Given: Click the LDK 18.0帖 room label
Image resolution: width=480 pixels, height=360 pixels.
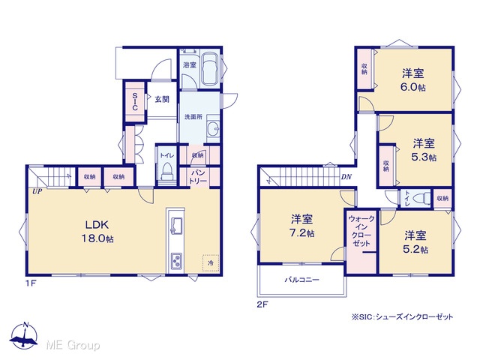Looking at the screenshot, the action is pyautogui.click(x=97, y=232).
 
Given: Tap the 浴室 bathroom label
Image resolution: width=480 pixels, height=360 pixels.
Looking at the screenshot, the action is pyautogui.click(x=190, y=65).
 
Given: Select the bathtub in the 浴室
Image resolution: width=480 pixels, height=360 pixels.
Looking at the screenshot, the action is pyautogui.click(x=210, y=68).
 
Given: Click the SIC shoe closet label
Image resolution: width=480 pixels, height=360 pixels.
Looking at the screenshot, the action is pyautogui.click(x=135, y=102).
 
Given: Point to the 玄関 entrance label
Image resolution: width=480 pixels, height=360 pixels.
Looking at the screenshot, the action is pyautogui.click(x=162, y=99).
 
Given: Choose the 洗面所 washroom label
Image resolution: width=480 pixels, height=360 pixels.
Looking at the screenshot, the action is pyautogui.click(x=193, y=117).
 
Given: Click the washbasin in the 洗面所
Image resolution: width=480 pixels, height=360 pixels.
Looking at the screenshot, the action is pyautogui.click(x=213, y=128).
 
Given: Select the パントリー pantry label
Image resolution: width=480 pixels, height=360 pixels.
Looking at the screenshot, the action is pyautogui.click(x=198, y=177).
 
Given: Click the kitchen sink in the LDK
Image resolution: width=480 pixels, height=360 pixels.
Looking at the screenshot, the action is pyautogui.click(x=175, y=225).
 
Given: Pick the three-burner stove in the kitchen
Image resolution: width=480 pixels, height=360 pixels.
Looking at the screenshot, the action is pyautogui.click(x=176, y=261).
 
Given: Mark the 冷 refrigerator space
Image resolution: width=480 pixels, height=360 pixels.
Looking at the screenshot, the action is pyautogui.click(x=211, y=262).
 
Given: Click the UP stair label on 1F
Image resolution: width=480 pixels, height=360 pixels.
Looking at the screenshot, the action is pyautogui.click(x=37, y=192).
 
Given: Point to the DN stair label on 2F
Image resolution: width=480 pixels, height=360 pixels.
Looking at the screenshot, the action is pyautogui.click(x=346, y=177).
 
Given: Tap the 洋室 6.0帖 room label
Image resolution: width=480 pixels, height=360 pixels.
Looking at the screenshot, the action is pyautogui.click(x=413, y=80).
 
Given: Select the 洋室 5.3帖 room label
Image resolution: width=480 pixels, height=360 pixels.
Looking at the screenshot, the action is pyautogui.click(x=424, y=150).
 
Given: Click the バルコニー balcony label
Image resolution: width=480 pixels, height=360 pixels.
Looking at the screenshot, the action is pyautogui.click(x=302, y=280).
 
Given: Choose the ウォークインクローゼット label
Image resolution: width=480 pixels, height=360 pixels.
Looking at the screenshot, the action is pyautogui.click(x=361, y=231).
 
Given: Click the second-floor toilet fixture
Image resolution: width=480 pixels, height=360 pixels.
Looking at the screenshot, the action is pyautogui.click(x=421, y=199).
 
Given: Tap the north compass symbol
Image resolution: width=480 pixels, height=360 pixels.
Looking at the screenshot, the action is pyautogui.click(x=25, y=335).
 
